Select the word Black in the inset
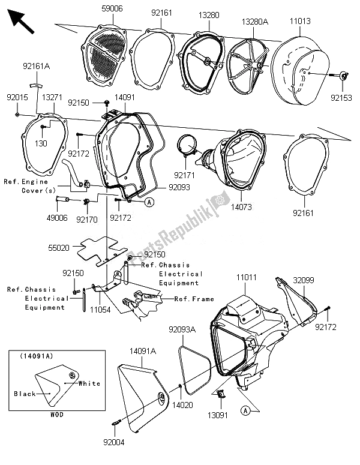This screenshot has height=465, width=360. pos(24,394)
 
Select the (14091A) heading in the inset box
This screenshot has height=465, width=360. pos(41,356)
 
